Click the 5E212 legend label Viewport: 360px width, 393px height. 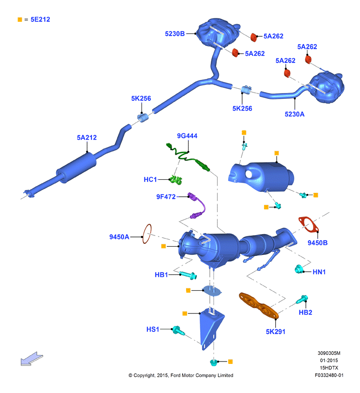coord(40,19)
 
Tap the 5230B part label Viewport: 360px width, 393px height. coord(174,33)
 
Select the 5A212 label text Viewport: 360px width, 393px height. coord(87,137)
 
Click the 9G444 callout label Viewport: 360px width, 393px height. coord(187,136)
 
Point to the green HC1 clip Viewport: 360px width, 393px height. coord(176,179)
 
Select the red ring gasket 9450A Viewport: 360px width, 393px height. coord(147,234)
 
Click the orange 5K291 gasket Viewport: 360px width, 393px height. coord(258,305)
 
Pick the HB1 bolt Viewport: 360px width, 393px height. coord(188,275)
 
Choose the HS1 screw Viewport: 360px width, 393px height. coord(178,330)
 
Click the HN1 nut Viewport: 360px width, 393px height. coord(298,269)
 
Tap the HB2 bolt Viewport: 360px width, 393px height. coord(302,299)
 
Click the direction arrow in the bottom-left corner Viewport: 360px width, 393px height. coord(32,359)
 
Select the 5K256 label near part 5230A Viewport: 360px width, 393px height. coord(242,109)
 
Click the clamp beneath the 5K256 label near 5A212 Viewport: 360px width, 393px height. coord(142,118)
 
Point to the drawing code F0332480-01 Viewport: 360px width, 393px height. coord(329,375)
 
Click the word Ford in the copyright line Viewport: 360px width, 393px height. coord(175,376)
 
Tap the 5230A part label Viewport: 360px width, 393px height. coord(295,114)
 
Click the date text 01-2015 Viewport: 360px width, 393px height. coord(329,361)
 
